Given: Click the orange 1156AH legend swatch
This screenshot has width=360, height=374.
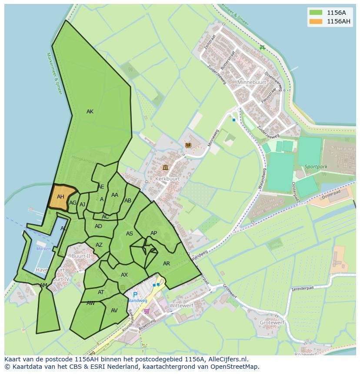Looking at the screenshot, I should [316, 21].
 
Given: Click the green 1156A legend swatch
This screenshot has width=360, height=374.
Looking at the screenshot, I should [316, 12].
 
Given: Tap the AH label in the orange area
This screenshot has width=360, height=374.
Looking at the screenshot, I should [60, 197].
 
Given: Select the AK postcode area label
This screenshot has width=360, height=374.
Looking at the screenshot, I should [90, 112].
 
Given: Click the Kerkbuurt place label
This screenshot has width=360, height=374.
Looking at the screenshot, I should [167, 179].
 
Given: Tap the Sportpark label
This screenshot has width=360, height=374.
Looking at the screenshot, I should [315, 166].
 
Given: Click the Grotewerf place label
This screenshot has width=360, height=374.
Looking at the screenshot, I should [272, 323].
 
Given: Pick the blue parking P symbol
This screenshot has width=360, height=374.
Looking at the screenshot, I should [135, 295].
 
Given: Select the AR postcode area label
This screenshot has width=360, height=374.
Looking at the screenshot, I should [167, 264].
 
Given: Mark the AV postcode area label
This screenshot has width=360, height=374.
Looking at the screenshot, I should [114, 311].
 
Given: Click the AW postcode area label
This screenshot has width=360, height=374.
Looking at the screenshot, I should [90, 303].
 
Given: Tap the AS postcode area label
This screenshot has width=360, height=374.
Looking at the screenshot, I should [130, 234].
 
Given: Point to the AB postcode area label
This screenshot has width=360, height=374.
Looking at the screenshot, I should [128, 201].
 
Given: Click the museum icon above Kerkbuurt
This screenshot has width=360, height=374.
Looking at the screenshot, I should [165, 168].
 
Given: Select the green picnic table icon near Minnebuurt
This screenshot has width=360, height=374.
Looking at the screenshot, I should [262, 48].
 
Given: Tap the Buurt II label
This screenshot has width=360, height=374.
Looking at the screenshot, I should [80, 256].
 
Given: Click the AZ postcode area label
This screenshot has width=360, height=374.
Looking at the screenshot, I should [99, 245].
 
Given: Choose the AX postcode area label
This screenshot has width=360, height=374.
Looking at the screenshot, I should [124, 275].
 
